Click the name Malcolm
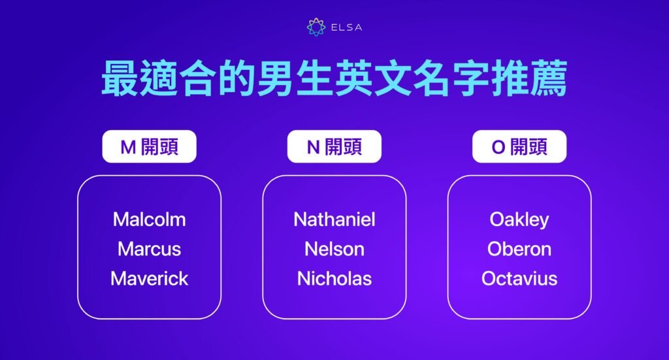pos(149,219)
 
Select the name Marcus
pos(149,249)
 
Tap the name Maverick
pos(149,279)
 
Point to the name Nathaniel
pos(334,219)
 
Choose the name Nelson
pos(334,249)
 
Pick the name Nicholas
pos(334,279)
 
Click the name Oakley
pos(519,219)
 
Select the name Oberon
pos(519,249)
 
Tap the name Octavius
pos(519,279)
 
